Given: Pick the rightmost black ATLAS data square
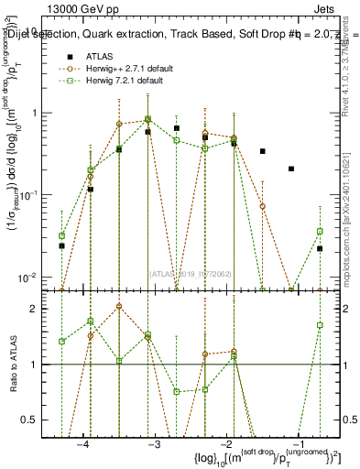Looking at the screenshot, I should [320, 248].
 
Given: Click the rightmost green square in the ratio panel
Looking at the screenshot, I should [320, 325].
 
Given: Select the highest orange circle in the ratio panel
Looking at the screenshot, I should [119, 306].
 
